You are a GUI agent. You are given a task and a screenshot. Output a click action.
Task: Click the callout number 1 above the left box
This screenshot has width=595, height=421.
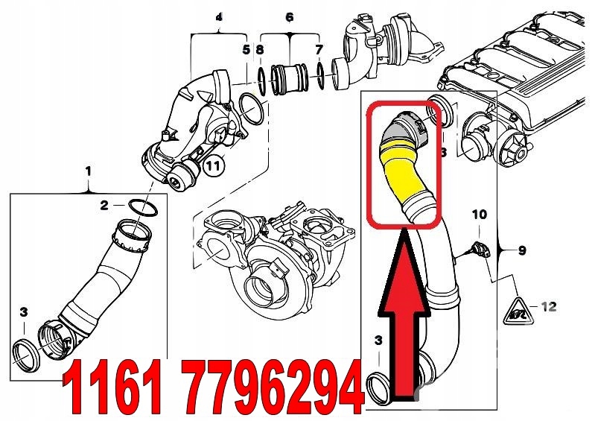point(88,171)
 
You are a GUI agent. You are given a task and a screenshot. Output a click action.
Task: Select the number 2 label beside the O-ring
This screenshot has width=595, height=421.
point(104,206)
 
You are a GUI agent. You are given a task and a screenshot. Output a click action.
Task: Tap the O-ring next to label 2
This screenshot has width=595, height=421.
point(144,207)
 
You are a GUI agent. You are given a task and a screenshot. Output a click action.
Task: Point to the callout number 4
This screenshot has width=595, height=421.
point(219,17)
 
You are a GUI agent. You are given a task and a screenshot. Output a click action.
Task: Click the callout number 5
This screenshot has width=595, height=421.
point(246,49)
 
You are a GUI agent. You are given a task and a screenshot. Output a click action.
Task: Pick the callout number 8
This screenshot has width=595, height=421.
point(260,49)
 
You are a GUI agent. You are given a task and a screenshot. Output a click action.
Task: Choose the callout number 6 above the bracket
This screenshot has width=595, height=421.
point(290,16)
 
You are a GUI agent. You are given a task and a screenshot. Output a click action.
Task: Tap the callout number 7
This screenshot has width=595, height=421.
point(319,49)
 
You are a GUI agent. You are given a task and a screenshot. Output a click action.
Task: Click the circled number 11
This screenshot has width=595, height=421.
point(213,165)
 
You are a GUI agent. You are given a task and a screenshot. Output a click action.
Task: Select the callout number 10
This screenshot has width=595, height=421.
point(480,215)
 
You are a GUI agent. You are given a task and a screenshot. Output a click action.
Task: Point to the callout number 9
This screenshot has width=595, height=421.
point(522,250)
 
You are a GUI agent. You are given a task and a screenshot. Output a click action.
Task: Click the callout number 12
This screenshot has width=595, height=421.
point(548,306)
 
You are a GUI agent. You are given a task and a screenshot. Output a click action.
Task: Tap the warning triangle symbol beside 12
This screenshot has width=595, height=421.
point(518,311)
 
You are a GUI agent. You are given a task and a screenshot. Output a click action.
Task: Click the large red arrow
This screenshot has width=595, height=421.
point(404,314)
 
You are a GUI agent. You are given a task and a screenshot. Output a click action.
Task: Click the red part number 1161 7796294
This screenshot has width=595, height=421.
point(212,387)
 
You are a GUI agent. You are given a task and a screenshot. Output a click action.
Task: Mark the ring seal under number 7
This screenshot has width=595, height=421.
point(320,76)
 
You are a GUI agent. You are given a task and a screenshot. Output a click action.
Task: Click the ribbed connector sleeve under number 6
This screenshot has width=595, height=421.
point(289,80)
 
